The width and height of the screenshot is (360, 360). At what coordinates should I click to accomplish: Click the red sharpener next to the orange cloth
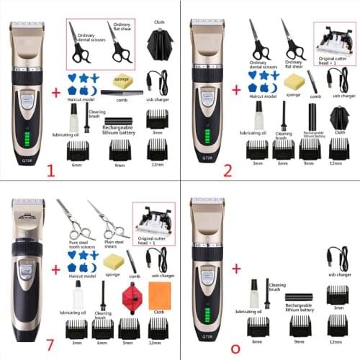pos(131,294)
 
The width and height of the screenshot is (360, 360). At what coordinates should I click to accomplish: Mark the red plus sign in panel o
pos(236,268)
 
